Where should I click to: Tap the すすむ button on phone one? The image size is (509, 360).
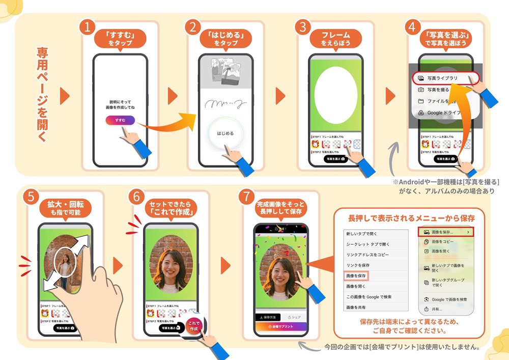[120, 120]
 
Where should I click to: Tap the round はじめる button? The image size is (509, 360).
[225, 133]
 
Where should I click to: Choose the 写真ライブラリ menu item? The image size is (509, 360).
[442, 78]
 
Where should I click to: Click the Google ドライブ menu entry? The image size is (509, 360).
[442, 113]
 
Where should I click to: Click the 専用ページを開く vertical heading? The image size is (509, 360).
[42, 95]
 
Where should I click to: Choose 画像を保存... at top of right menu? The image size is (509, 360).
[446, 232]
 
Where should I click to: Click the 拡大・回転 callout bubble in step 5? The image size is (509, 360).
[67, 209]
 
